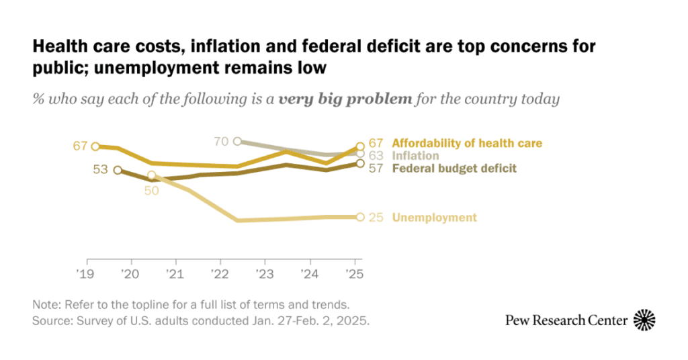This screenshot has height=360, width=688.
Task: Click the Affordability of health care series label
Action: [467, 143]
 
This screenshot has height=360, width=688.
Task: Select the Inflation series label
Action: [415, 156]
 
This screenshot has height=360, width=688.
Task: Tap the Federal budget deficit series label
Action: [454, 169]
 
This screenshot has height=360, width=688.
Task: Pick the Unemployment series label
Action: [434, 218]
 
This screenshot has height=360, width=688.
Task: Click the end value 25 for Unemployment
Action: [376, 218]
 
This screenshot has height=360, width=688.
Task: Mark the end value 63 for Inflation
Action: [376, 156]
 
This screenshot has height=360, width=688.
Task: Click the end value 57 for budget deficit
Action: [376, 169]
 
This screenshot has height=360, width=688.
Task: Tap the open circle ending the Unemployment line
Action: [360, 217]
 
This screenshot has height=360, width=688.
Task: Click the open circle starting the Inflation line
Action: [237, 141]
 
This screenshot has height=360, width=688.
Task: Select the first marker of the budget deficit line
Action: [118, 170]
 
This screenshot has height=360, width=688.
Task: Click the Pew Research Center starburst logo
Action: [645, 320]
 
